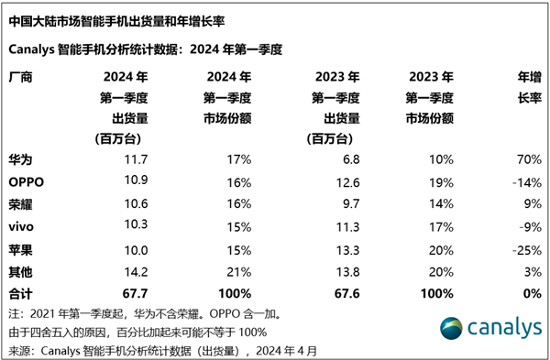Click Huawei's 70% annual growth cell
pos(526,160)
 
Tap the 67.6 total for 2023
pos(325,293)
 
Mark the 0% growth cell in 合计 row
pos(529,293)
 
